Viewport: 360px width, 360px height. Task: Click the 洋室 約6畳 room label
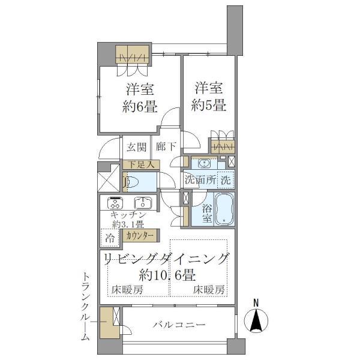click(x=140, y=100)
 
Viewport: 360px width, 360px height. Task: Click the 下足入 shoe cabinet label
click(x=140, y=163)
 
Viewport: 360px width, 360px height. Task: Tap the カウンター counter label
click(x=142, y=236)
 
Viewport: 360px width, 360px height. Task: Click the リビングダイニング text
click(x=167, y=259)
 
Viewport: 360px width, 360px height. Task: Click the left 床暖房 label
click(x=127, y=290)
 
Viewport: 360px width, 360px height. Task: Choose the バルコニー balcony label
click(x=178, y=325)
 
